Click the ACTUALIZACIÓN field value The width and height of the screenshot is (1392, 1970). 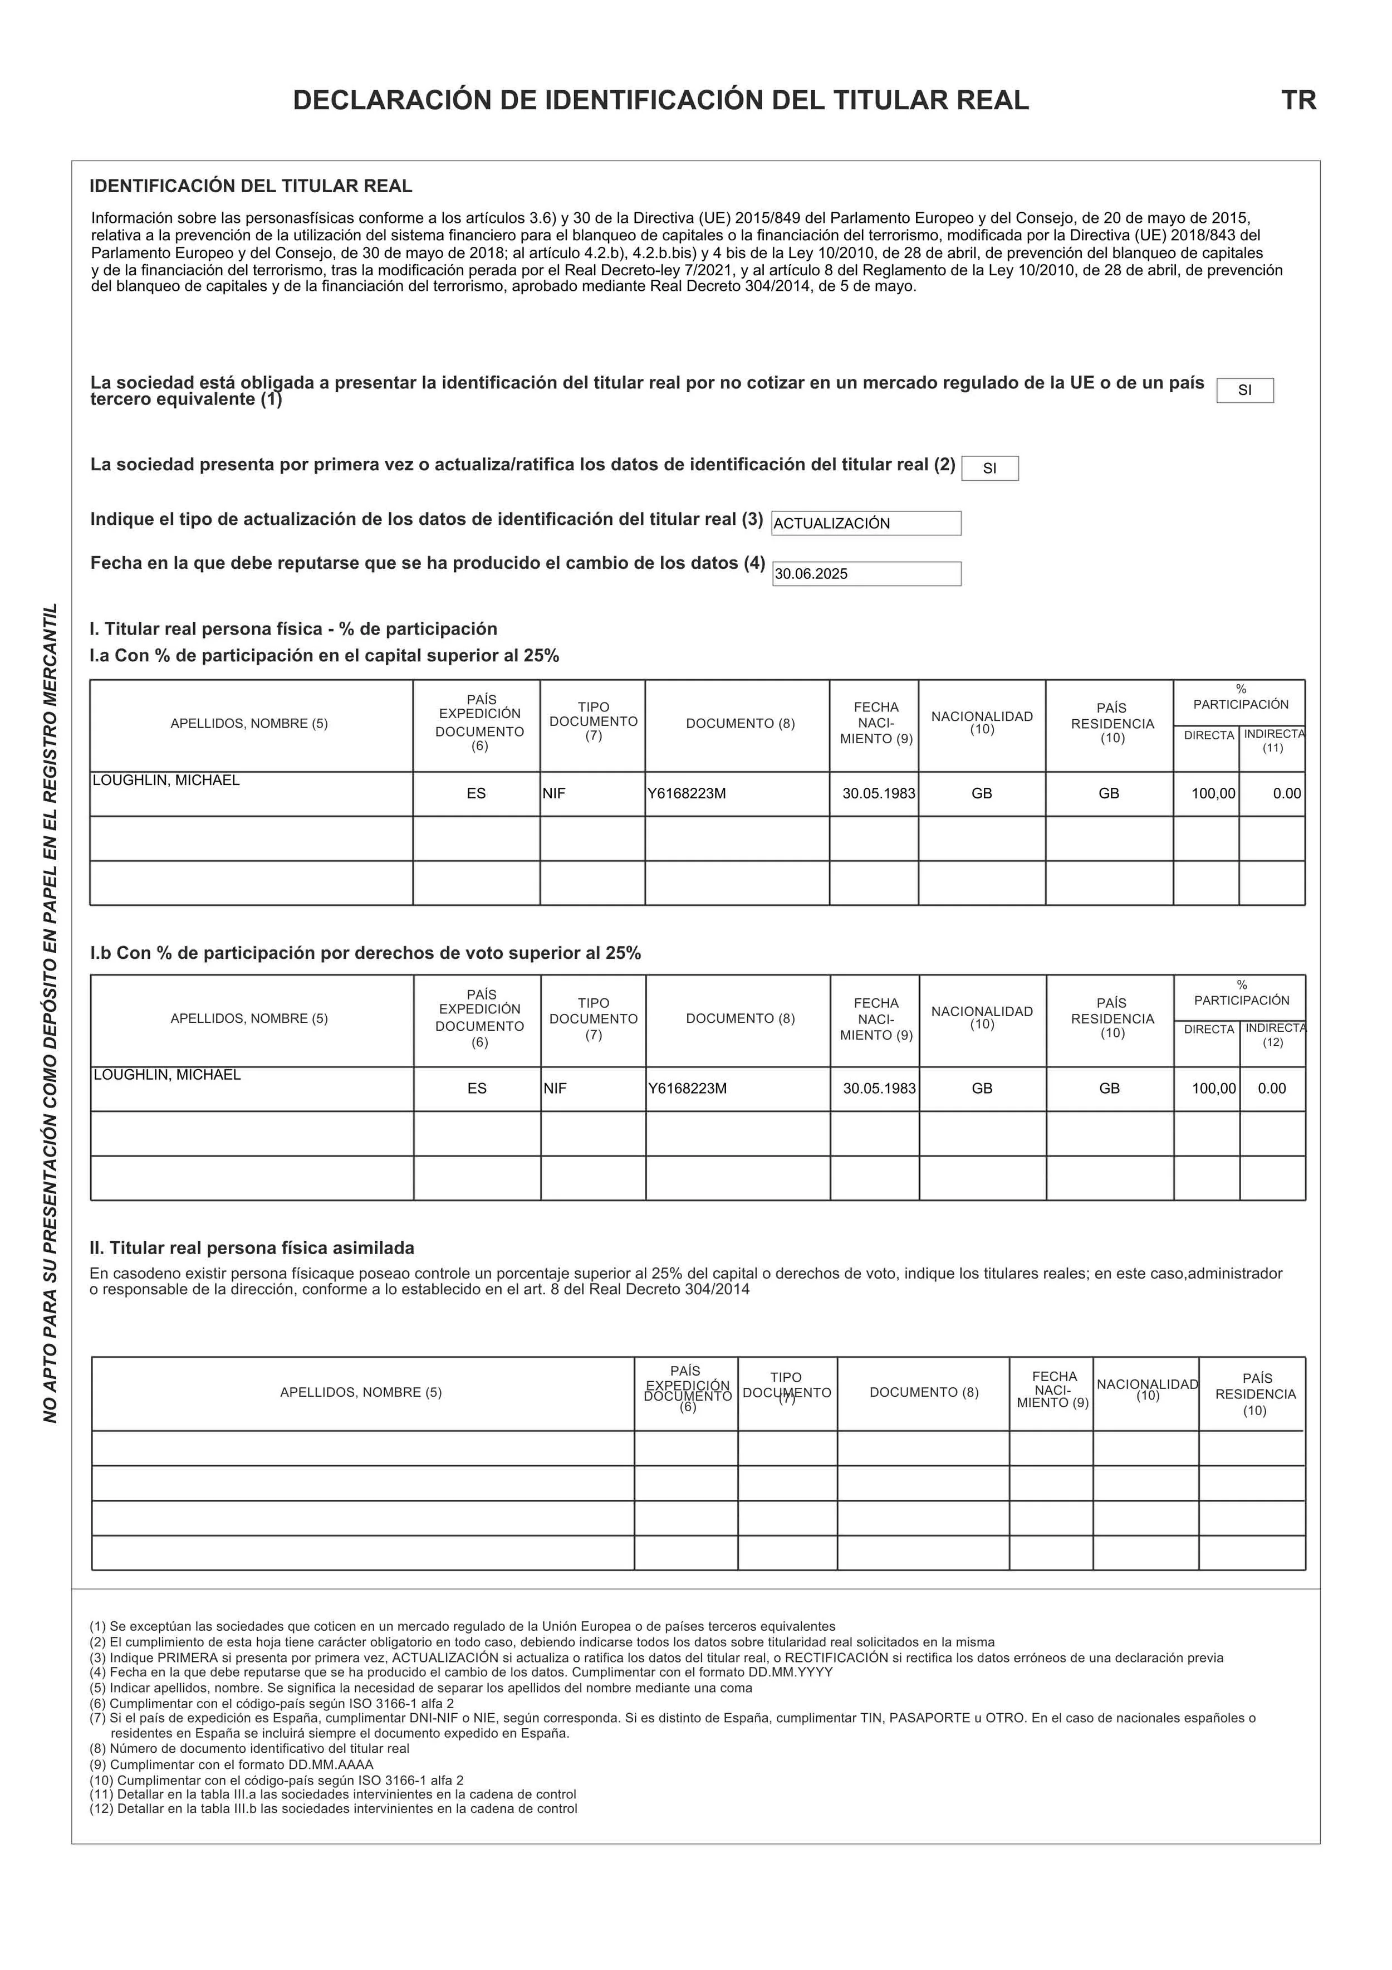[x=831, y=523]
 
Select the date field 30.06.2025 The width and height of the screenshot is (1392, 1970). [x=811, y=574]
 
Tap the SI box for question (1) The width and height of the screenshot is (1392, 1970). [x=1244, y=391]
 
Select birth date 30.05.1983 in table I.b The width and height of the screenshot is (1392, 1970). [x=879, y=1088]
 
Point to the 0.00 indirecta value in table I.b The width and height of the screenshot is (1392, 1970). [x=1271, y=1088]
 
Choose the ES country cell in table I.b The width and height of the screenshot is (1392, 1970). [x=477, y=1088]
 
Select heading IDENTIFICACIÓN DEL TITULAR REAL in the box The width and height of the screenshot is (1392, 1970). [x=251, y=186]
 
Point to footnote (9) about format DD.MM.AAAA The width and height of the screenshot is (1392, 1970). [x=232, y=1765]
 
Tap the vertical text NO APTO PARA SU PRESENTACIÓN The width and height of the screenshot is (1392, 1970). [x=51, y=1012]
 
